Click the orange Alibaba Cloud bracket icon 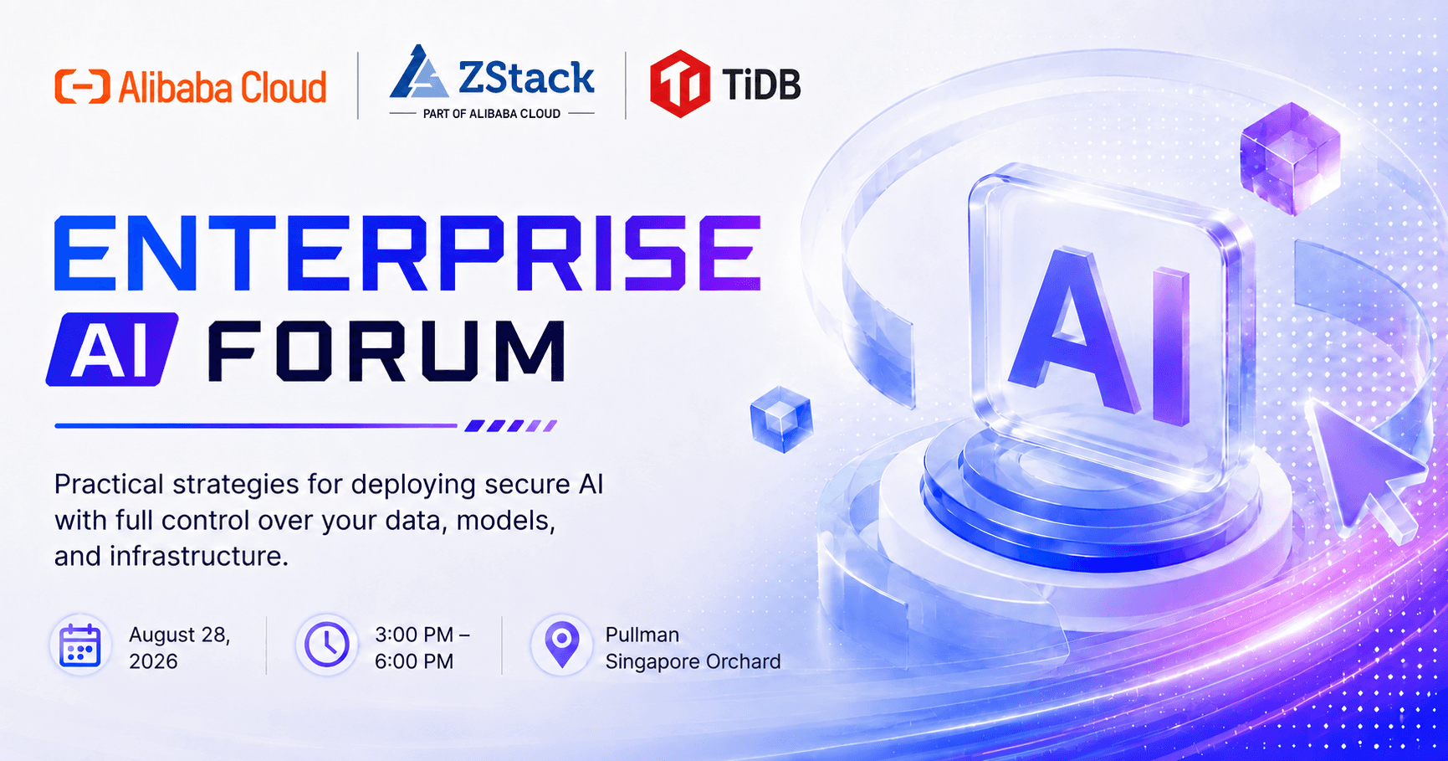(82, 87)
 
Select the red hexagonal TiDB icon (680, 84)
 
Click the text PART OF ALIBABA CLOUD (492, 114)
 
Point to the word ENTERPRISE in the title (408, 253)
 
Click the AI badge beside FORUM (112, 349)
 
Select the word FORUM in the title (386, 351)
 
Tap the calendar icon (80, 646)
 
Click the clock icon (326, 645)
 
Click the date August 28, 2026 (179, 648)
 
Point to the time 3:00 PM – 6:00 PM (422, 648)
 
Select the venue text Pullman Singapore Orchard (693, 648)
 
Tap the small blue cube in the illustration (781, 419)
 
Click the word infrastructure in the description (198, 556)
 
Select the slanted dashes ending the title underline (510, 426)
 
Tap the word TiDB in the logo (760, 85)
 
